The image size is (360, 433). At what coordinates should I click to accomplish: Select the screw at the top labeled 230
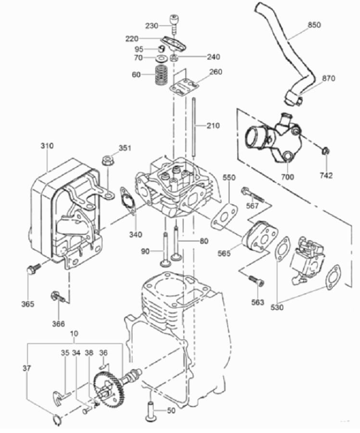pyautogui.click(x=174, y=22)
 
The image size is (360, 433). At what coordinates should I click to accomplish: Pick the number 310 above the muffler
pyautogui.click(x=47, y=145)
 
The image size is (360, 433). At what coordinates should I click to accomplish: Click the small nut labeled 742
pyautogui.click(x=325, y=152)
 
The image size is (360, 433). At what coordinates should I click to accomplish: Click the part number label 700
pyautogui.click(x=287, y=177)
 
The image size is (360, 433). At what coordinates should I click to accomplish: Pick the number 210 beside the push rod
pyautogui.click(x=212, y=126)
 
